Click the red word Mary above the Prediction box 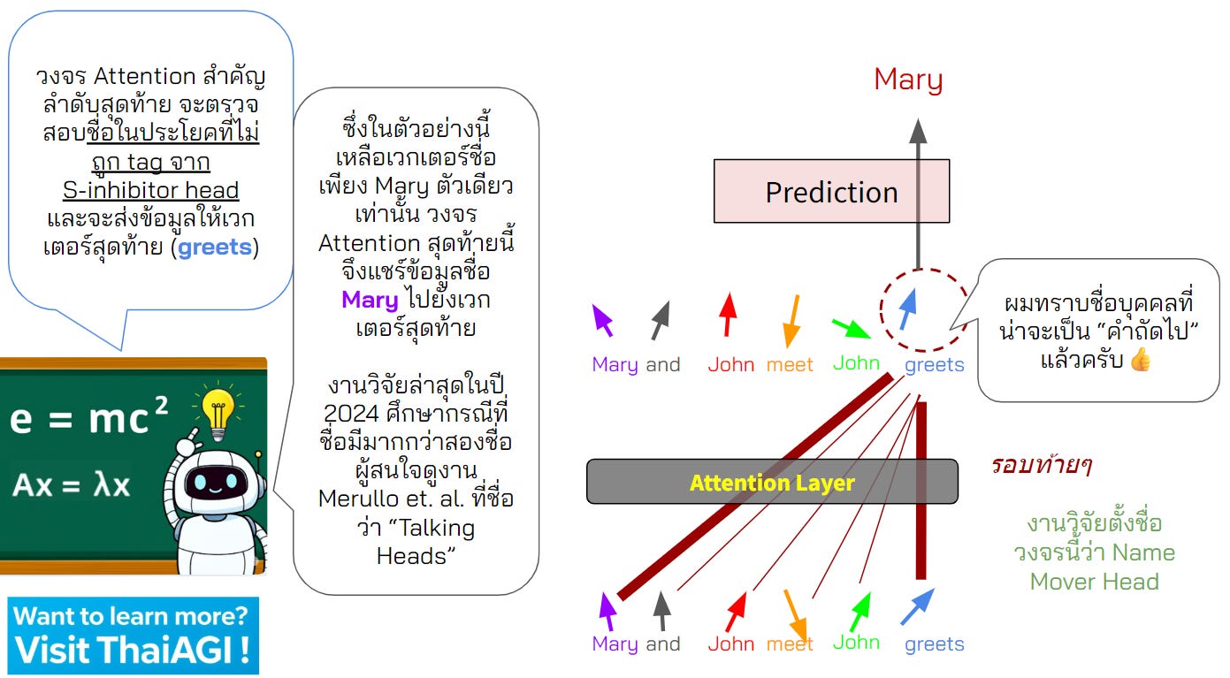[x=908, y=80]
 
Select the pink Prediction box [x=831, y=191]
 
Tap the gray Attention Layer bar [x=772, y=482]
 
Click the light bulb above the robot [x=217, y=408]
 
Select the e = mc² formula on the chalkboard [x=88, y=419]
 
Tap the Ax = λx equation [x=71, y=485]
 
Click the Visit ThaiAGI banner [x=134, y=635]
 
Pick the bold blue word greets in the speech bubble [x=215, y=248]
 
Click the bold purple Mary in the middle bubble [x=370, y=301]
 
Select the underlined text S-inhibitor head [x=150, y=190]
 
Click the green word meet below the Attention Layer [x=790, y=644]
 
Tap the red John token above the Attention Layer [x=731, y=363]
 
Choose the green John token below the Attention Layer [x=856, y=643]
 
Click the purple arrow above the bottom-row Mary [x=607, y=610]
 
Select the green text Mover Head [x=1094, y=582]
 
